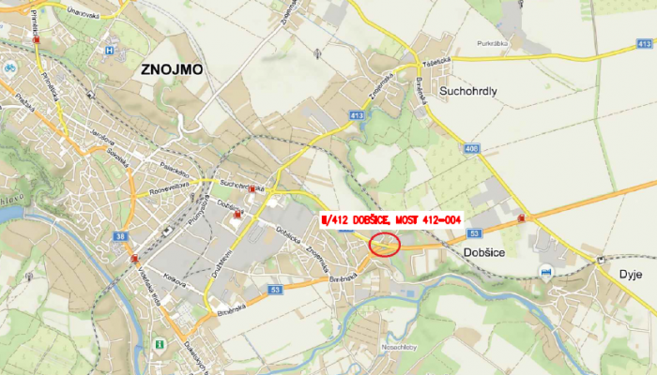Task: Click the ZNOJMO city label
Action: [172, 69]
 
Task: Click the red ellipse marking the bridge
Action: [385, 245]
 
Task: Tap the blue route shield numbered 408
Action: [469, 148]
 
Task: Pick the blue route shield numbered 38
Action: [120, 236]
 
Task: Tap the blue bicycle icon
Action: [9, 67]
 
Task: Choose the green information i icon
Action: [160, 345]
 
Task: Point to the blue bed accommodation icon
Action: [546, 271]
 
